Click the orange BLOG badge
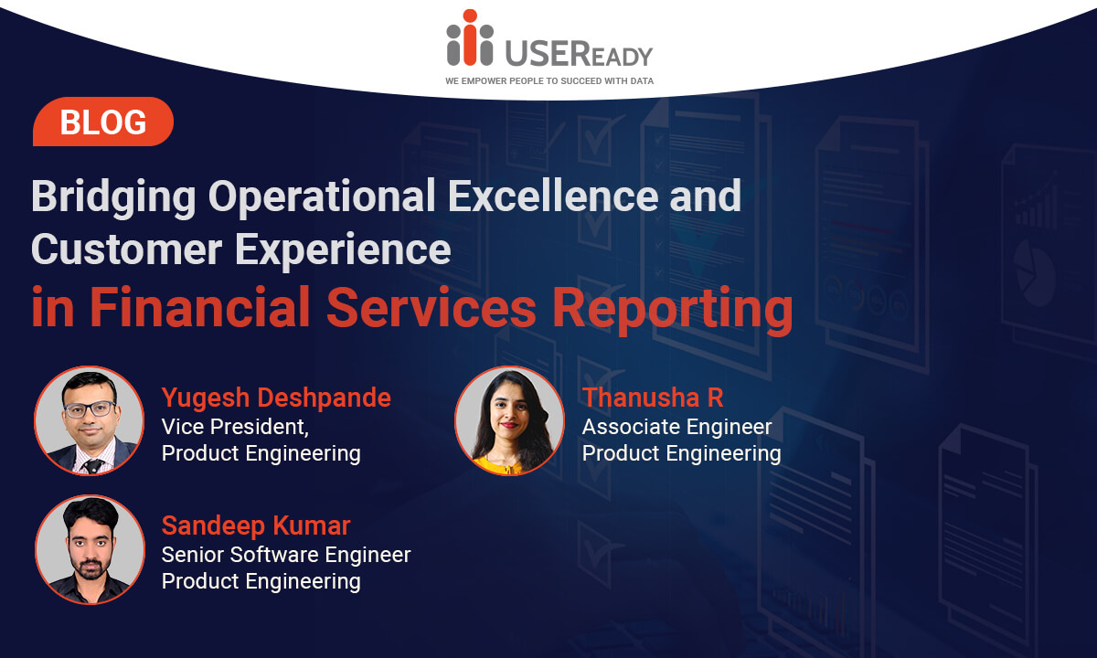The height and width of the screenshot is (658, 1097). point(103,122)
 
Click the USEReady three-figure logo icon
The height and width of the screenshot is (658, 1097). point(470,37)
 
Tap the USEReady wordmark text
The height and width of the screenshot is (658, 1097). point(579,53)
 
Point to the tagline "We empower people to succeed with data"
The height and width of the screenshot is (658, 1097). point(549,80)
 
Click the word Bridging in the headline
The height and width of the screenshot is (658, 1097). point(113,197)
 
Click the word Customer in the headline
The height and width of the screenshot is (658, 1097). point(126,249)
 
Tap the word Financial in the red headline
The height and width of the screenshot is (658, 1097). point(200,307)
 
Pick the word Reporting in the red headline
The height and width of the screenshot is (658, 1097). point(673,311)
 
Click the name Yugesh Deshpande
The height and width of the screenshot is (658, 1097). point(276,397)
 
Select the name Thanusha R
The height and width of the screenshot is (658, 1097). point(653,397)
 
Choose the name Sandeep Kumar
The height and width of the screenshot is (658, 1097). point(256,525)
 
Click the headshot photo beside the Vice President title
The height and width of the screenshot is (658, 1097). point(89,420)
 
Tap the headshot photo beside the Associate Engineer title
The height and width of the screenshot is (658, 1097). point(509,420)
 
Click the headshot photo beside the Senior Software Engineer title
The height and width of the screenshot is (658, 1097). point(90,549)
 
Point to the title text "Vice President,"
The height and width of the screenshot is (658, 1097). point(235,427)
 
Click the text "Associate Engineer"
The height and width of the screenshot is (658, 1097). point(676,427)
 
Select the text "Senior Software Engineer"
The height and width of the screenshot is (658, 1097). point(286,555)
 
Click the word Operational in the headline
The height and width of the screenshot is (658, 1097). point(322,197)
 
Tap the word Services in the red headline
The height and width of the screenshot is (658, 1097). point(431,307)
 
